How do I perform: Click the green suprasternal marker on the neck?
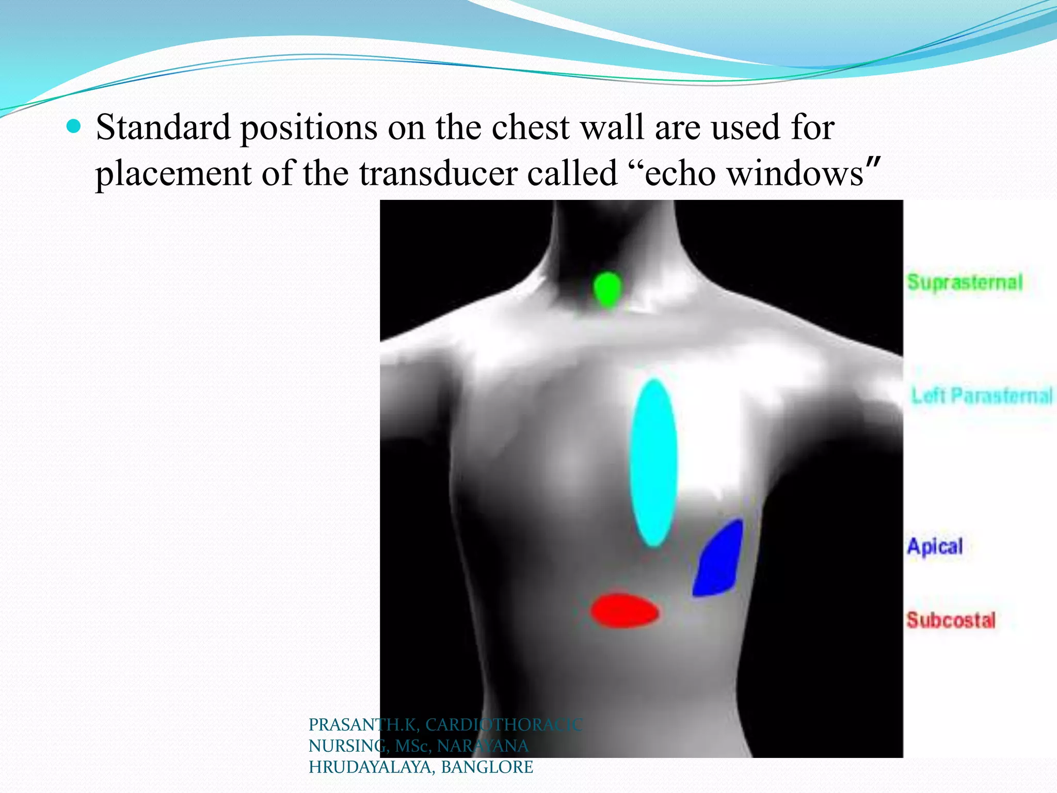tap(607, 289)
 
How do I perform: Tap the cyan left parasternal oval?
tap(653, 463)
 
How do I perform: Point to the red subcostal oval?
tap(624, 611)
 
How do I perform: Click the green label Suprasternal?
tap(965, 282)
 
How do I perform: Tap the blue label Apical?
tap(935, 546)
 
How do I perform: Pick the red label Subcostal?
tap(951, 620)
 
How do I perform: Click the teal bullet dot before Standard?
tap(74, 126)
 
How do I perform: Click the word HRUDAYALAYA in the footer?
tap(370, 767)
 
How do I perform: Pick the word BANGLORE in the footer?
tap(487, 767)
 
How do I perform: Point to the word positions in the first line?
tap(309, 128)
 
